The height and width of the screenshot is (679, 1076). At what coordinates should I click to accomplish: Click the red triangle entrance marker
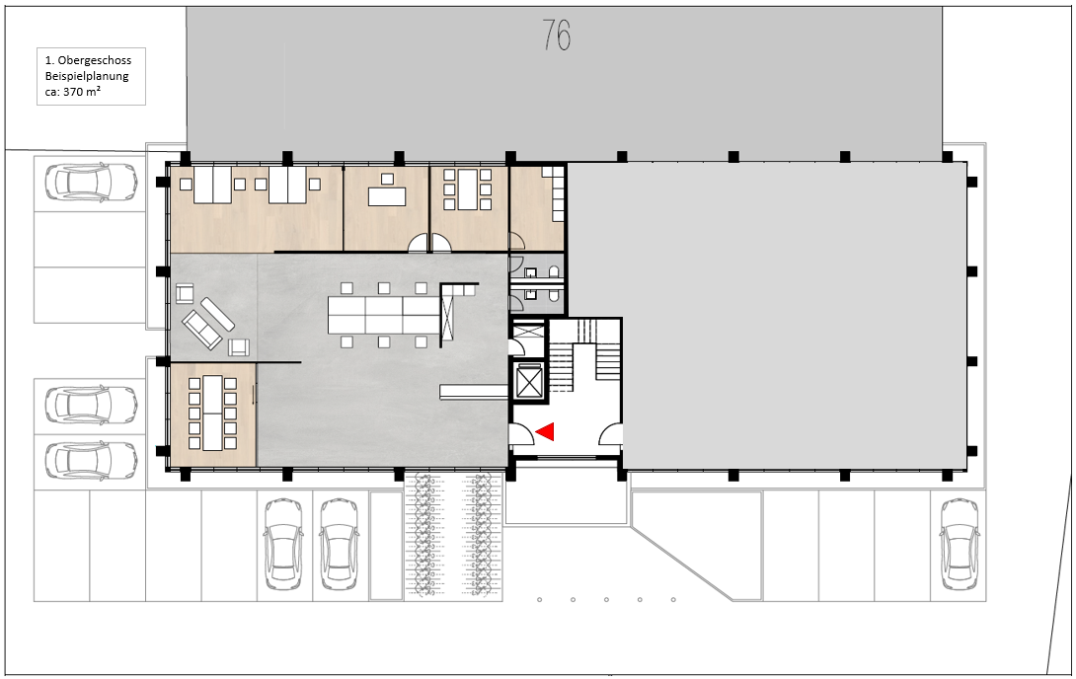click(x=545, y=431)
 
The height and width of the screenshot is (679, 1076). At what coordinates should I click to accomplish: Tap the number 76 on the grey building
click(x=557, y=36)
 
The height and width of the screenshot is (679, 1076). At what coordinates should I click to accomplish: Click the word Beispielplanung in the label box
click(x=87, y=76)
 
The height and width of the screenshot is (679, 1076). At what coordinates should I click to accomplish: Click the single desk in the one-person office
click(x=387, y=196)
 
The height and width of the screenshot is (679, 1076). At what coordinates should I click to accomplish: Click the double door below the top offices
click(x=430, y=242)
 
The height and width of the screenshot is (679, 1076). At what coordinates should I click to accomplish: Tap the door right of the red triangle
click(x=610, y=434)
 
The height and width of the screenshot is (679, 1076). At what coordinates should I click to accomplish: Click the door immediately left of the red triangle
click(x=520, y=435)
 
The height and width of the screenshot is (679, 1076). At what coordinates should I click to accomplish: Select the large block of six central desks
click(x=383, y=315)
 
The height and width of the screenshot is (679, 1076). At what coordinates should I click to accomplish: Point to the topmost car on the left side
click(x=91, y=182)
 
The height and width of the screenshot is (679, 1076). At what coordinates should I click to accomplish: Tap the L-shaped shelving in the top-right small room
click(x=557, y=193)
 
